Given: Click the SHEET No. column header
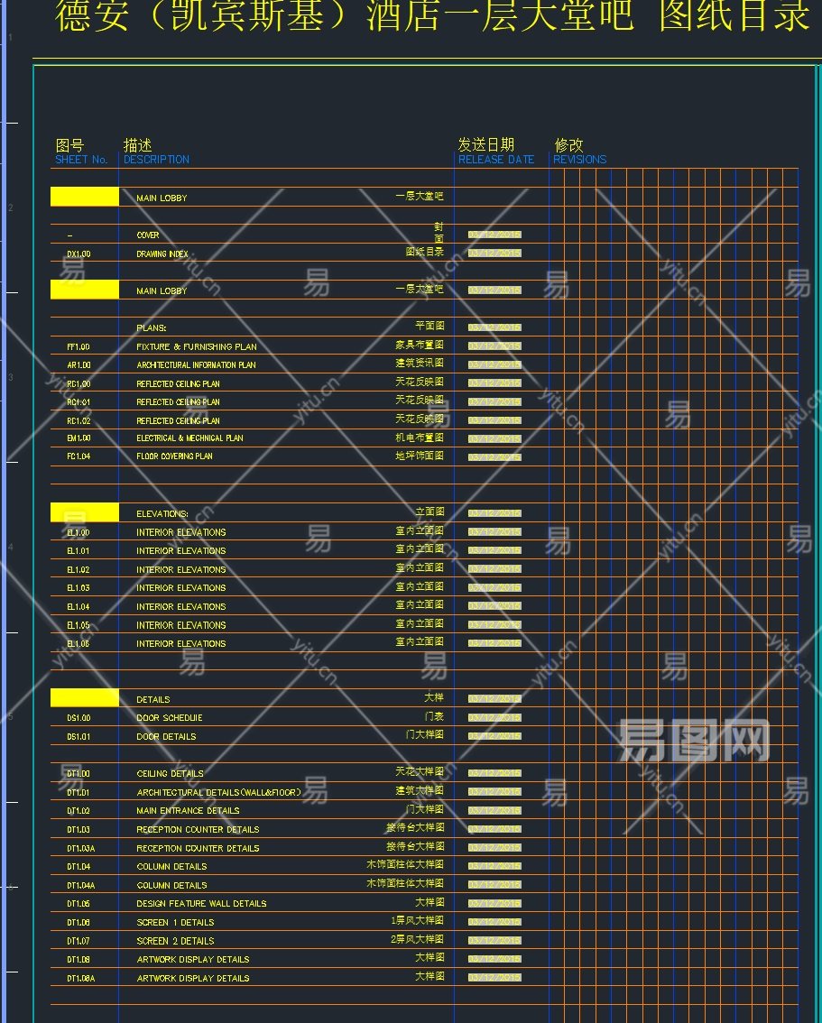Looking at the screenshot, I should tap(81, 160).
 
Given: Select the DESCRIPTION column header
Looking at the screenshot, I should tap(156, 160).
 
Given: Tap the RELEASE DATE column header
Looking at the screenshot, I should tap(496, 160).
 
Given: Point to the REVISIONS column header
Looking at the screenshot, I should tap(579, 160).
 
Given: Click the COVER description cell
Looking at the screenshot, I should tap(148, 235).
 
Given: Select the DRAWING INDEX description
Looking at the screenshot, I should tap(162, 254).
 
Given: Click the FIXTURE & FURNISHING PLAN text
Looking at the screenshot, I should tap(197, 346).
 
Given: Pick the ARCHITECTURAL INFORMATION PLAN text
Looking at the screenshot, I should tap(196, 365).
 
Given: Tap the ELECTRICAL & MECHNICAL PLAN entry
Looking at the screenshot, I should tap(189, 438).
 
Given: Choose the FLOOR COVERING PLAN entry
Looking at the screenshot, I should tap(174, 456).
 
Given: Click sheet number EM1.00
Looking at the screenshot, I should tap(79, 438).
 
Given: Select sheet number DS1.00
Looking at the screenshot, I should tap(79, 718).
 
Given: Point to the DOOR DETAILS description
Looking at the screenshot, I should tap(166, 737).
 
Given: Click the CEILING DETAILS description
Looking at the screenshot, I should tap(170, 774).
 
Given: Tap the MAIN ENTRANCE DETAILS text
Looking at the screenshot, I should tap(188, 811).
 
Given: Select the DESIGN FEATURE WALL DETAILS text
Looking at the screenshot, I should tap(201, 904).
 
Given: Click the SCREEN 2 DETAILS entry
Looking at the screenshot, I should tap(175, 941).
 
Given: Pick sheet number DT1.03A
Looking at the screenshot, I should tap(80, 848).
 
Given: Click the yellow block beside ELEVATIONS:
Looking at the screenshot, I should tap(85, 512).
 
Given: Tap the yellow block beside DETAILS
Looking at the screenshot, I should tap(85, 697).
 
